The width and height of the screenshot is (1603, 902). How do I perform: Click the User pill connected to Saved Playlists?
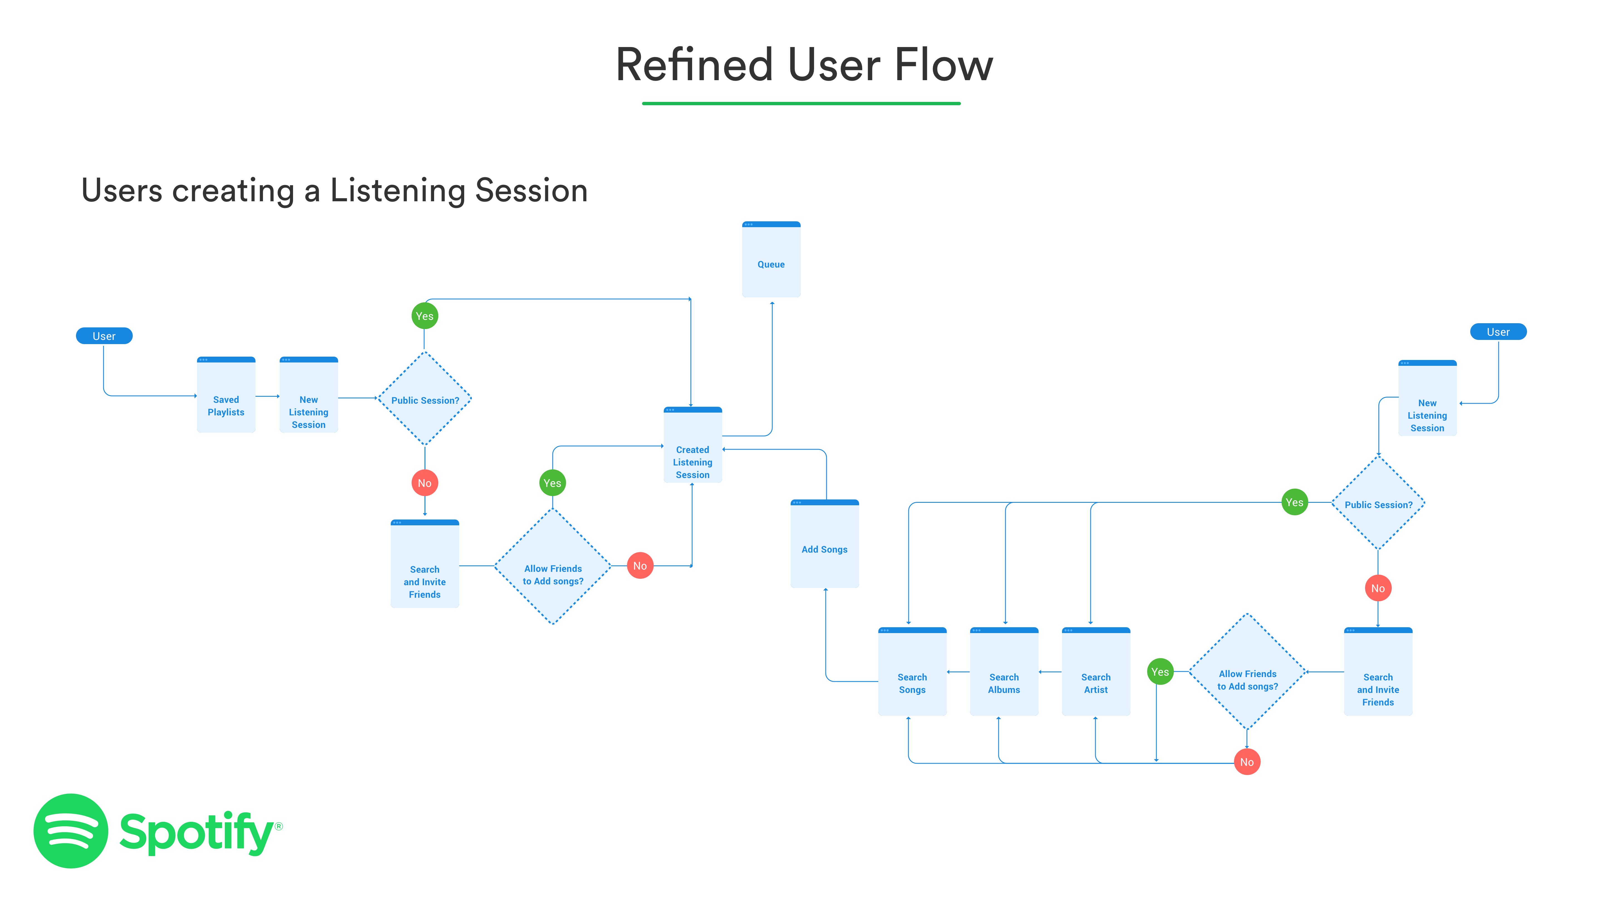tap(104, 336)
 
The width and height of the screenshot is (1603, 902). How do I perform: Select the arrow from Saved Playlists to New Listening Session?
tap(267, 396)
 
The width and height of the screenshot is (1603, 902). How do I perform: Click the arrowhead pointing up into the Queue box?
tap(772, 304)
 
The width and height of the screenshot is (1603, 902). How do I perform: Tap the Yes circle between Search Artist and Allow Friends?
tap(1160, 672)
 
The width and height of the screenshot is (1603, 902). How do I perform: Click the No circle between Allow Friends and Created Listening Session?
tap(640, 566)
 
